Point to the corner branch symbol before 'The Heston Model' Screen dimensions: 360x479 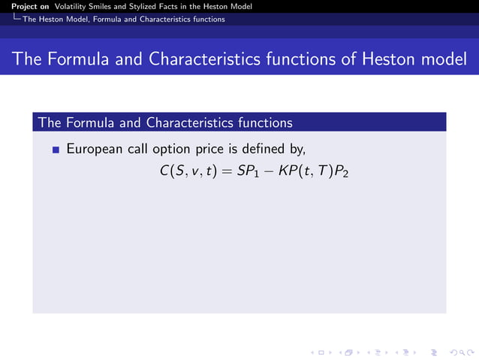pos(16,19)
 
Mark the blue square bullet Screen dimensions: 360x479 pos(56,150)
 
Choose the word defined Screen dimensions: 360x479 pos(277,149)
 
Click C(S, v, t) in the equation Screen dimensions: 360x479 pos(188,171)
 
